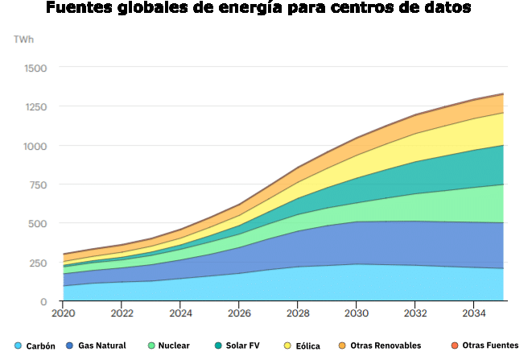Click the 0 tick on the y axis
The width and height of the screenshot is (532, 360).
click(44, 302)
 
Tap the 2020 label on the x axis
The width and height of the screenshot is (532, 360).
click(63, 313)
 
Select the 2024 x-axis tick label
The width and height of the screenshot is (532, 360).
click(180, 313)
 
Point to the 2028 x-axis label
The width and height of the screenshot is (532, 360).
click(298, 313)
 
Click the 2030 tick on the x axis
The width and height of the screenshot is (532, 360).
click(357, 313)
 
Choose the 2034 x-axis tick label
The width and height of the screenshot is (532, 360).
click(474, 313)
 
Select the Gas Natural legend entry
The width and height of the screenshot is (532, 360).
click(96, 346)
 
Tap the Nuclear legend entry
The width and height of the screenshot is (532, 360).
click(167, 346)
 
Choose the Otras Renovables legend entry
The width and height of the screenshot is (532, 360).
click(379, 346)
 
